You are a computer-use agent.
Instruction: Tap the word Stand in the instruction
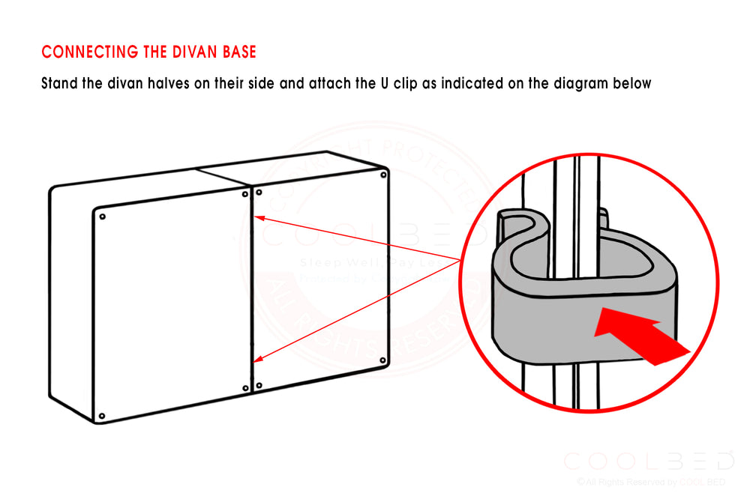[x=59, y=83]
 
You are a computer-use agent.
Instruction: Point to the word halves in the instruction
[x=166, y=83]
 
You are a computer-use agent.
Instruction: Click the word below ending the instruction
[x=632, y=83]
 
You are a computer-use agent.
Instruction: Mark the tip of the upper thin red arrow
[x=256, y=217]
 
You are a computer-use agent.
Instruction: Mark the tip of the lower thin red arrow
[x=256, y=362]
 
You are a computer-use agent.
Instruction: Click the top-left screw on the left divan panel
[x=103, y=217]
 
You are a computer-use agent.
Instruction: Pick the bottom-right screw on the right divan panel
[x=383, y=362]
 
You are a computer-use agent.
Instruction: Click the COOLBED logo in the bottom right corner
[x=648, y=461]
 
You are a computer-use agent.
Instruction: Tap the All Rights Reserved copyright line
[x=650, y=482]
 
